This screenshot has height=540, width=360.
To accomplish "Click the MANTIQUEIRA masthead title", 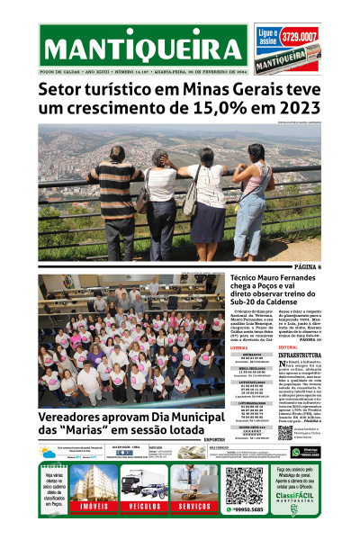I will pos(143,51).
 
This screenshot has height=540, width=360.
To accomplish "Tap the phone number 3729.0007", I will pos(324,37).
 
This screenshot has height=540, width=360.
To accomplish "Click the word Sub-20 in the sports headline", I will pos(244,301).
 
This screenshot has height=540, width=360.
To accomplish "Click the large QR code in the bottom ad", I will pos(242,485).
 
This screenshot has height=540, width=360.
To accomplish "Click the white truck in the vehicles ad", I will pos(144,484).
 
